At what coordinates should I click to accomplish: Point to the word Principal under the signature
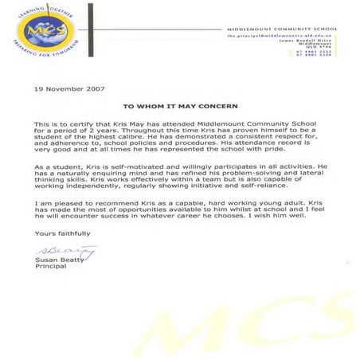click(49, 268)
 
